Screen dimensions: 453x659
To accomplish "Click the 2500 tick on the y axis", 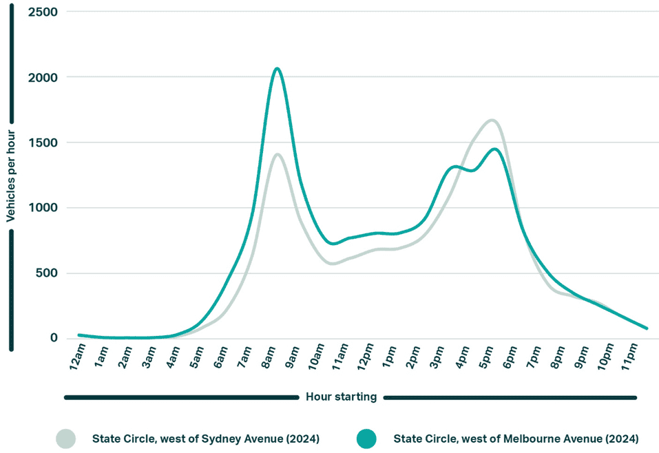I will pos(43,12).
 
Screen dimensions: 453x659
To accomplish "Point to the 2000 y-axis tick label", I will pos(43,78).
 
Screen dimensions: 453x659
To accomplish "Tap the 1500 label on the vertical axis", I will pos(43,143).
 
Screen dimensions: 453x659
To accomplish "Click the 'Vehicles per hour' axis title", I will pos(11,178).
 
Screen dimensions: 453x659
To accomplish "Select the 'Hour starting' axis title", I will pos(341,397).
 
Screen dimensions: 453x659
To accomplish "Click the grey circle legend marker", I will pos(66,439).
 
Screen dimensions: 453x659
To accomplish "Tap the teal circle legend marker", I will pos(366,439).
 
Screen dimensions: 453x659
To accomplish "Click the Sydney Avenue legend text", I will pos(206,439).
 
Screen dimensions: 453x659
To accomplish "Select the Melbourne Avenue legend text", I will pos(516,439).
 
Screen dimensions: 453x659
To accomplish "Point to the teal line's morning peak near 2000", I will pos(277,68).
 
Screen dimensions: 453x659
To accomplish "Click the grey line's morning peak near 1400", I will pos(278,154).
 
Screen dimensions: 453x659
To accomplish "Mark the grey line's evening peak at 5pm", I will pos(492,120).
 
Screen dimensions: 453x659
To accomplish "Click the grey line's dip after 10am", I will pos(333,263).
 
